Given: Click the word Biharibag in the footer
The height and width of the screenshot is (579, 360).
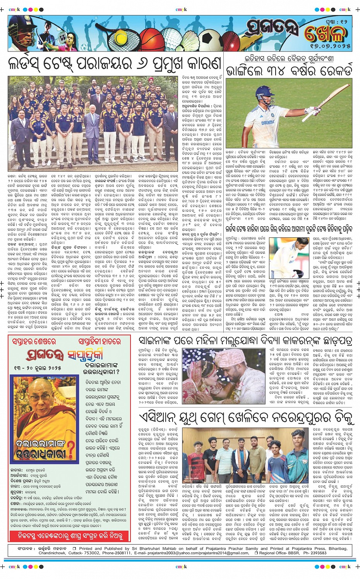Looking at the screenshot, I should point(335,548).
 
